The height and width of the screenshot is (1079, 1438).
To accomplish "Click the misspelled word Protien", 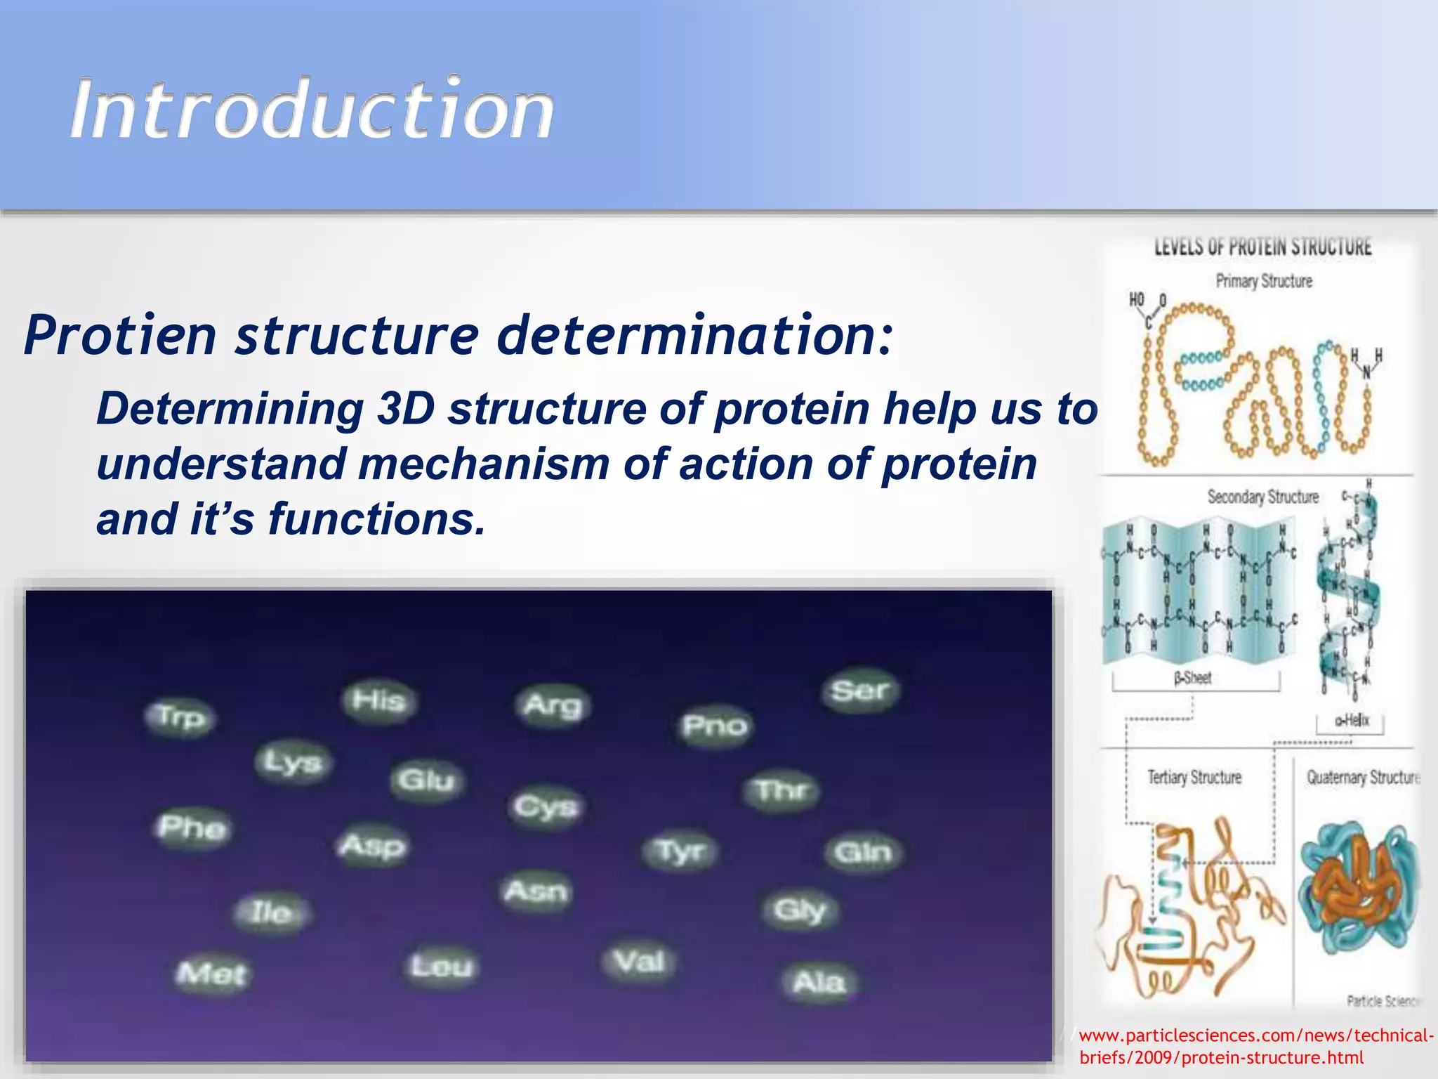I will [x=120, y=336].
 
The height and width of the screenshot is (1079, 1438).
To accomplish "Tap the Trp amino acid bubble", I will [x=180, y=717].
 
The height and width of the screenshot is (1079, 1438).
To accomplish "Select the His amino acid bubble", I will [x=378, y=701].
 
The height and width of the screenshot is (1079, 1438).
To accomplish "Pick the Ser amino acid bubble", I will [x=859, y=691].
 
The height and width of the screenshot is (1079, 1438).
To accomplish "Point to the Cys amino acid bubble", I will [x=546, y=806].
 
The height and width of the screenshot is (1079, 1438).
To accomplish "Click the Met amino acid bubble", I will [x=211, y=974].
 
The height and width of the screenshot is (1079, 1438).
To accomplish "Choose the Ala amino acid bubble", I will [x=819, y=981].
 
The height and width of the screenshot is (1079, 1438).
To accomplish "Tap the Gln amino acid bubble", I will [x=862, y=852].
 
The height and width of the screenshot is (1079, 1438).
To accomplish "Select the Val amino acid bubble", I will [x=638, y=961].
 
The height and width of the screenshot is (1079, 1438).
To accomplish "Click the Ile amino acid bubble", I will [x=271, y=912].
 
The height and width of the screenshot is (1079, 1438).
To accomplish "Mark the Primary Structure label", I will [x=1264, y=281].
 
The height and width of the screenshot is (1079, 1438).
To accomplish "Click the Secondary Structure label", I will [x=1262, y=497].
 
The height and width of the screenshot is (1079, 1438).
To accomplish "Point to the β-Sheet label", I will [x=1193, y=678].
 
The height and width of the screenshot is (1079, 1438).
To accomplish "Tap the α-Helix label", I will [x=1352, y=720].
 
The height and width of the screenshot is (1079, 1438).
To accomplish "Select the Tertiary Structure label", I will [x=1194, y=777].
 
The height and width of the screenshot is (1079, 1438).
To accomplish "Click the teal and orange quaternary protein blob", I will [x=1359, y=889].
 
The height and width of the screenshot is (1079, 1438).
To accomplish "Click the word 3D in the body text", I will [x=407, y=409].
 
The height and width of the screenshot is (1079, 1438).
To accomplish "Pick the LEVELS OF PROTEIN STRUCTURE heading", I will [x=1262, y=247].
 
